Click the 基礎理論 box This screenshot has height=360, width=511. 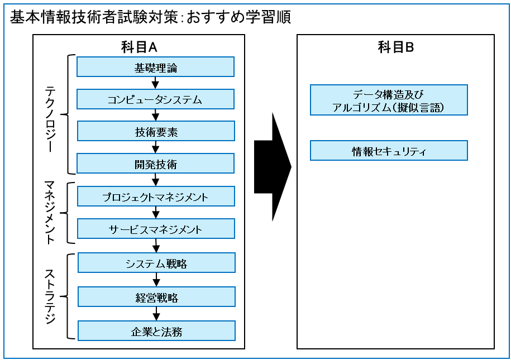[x=155, y=67]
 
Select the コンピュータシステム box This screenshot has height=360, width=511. [x=155, y=99]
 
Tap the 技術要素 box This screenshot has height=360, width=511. [x=156, y=131]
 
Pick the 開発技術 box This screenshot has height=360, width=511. [x=155, y=163]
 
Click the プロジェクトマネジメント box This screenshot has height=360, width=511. [x=156, y=196]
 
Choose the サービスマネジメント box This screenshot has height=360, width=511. [x=156, y=228]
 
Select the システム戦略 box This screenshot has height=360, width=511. [x=156, y=262]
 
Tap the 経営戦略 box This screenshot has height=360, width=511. [x=156, y=296]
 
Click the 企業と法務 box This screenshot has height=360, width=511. [x=156, y=330]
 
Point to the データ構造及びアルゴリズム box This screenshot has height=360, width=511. [x=389, y=100]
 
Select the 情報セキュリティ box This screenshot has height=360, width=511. [x=389, y=151]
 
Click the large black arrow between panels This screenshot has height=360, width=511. [x=273, y=167]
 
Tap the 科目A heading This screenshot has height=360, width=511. [x=139, y=47]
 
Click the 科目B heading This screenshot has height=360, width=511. [x=395, y=47]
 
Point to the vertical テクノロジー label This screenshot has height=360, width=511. [x=50, y=119]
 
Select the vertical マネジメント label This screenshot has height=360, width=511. [x=50, y=213]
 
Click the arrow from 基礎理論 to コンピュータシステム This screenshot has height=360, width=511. [x=155, y=83]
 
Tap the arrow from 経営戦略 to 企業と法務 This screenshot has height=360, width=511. [x=156, y=314]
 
